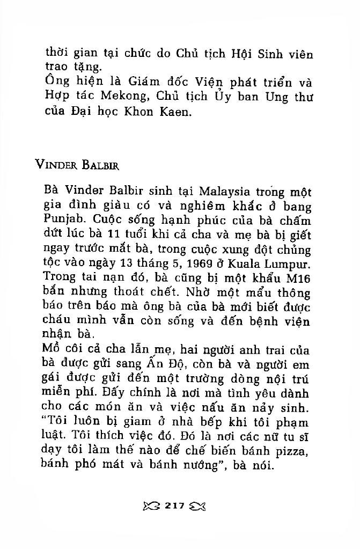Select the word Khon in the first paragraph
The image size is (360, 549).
[x=138, y=113]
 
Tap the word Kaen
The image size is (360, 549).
[x=174, y=113]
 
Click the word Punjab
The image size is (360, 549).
[x=63, y=220]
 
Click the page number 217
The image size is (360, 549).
[x=175, y=505]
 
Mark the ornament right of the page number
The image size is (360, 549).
[x=197, y=506]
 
